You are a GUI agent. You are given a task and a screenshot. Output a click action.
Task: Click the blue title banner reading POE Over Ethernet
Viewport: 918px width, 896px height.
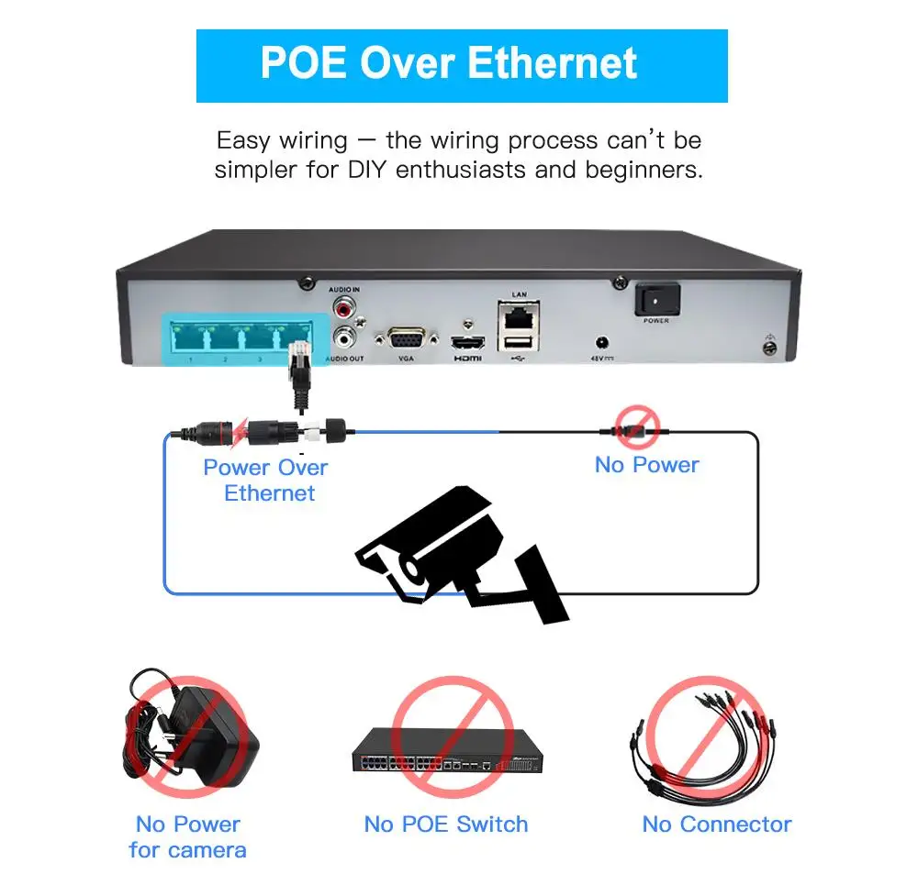(462, 65)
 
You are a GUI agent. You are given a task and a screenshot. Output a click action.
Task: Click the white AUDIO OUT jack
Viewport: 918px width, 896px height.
(345, 337)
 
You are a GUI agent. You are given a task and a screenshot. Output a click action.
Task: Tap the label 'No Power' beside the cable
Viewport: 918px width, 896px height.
(646, 465)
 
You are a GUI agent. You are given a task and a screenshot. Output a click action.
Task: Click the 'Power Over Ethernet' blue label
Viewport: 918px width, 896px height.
(266, 480)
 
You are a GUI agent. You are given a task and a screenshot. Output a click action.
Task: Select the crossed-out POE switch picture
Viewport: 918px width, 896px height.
(447, 747)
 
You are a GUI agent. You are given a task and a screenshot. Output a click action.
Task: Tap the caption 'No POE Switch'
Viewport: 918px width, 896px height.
(446, 824)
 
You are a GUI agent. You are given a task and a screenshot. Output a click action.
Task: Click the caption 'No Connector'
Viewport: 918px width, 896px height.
(717, 824)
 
